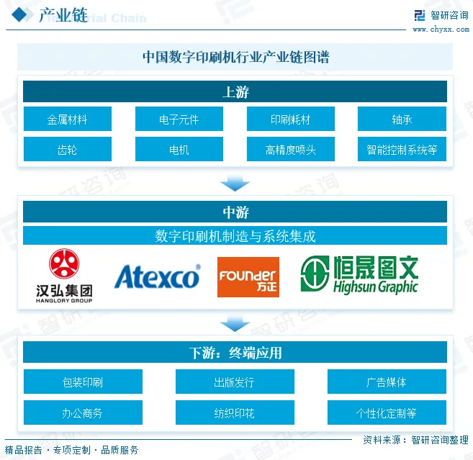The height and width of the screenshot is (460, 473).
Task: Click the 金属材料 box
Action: click(68, 119)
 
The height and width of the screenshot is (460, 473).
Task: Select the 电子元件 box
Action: click(179, 119)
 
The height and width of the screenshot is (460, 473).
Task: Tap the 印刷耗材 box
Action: click(290, 119)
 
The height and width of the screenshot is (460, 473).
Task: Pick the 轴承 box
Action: click(402, 119)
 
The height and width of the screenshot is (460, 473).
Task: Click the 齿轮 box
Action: click(68, 150)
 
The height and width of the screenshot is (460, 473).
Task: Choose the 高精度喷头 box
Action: click(290, 150)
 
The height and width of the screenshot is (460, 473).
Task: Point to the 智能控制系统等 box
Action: click(402, 150)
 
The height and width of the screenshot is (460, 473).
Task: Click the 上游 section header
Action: click(235, 91)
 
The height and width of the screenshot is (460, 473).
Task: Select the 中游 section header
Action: click(235, 212)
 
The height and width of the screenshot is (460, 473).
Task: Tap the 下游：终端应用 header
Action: click(235, 352)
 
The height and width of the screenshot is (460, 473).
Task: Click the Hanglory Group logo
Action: click(64, 276)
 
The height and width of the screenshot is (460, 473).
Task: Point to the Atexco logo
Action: click(157, 276)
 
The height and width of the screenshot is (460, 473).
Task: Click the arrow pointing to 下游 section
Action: click(235, 323)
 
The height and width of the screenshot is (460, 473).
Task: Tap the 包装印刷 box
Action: click(83, 382)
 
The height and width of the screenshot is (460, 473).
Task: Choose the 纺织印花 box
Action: click(235, 413)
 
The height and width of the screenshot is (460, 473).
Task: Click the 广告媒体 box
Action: click(387, 382)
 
